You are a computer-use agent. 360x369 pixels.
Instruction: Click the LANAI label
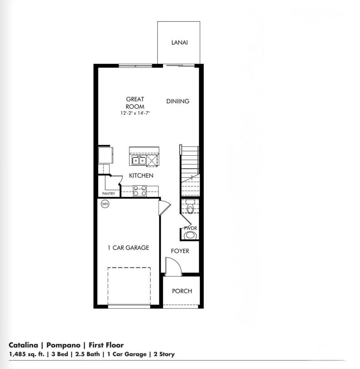179,43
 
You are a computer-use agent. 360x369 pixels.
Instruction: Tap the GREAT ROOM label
135,103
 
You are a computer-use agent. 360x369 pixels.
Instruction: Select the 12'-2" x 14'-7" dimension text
135,113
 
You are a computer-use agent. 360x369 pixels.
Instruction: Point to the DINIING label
178,101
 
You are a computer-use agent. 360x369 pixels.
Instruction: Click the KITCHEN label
141,175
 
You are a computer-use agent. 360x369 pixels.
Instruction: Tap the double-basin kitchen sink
138,161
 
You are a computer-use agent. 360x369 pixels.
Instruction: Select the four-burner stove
139,191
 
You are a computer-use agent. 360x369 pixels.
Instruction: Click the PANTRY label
108,194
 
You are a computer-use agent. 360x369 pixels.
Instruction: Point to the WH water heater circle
105,204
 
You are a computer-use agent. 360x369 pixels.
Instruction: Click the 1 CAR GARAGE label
128,248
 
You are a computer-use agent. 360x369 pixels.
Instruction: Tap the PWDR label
190,228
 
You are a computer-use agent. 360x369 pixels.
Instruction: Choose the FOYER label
180,251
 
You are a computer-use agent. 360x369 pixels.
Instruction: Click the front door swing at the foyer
172,267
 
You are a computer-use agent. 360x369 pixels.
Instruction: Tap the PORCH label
182,291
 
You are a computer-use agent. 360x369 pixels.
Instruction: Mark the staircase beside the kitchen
190,169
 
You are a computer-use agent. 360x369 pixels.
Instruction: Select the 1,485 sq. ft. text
26,354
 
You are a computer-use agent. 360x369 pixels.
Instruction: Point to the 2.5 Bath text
87,354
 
